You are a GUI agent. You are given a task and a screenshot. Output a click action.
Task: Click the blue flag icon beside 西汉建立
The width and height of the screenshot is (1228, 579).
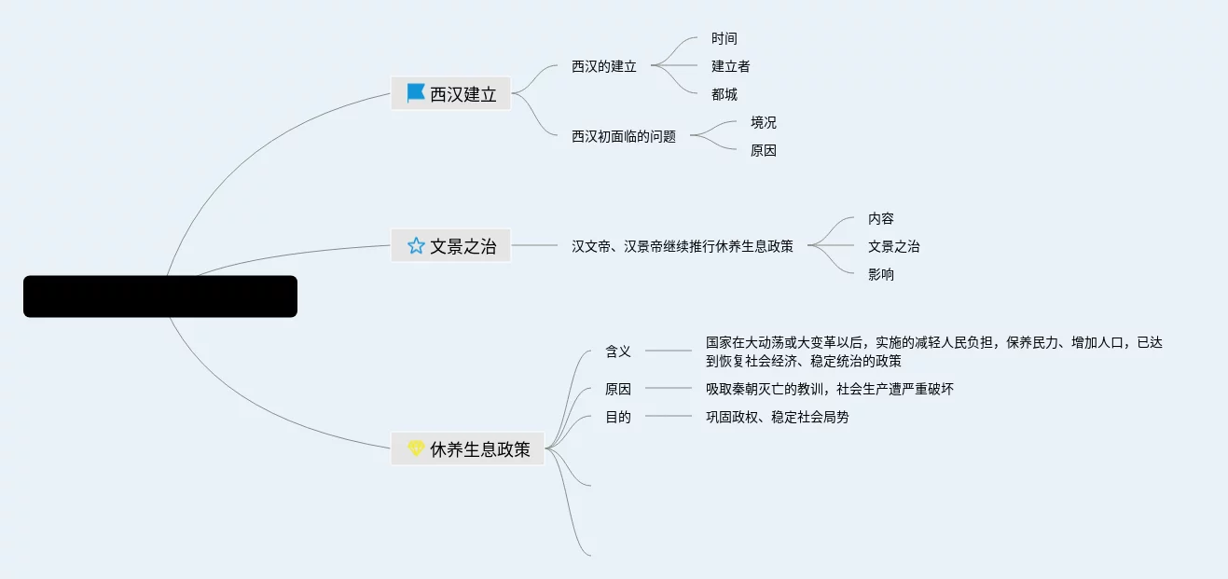coord(416,93)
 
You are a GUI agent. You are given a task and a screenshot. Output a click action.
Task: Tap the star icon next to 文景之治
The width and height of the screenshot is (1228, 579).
coord(416,246)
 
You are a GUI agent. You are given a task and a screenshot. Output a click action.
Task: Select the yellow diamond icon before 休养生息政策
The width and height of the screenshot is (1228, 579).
coord(416,448)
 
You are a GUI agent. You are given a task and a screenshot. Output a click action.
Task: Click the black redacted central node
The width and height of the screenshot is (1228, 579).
coord(160,296)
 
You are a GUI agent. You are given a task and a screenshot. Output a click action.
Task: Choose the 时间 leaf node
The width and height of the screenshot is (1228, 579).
coord(724,38)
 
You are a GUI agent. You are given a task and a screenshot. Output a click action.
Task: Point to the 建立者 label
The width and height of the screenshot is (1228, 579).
coord(731,66)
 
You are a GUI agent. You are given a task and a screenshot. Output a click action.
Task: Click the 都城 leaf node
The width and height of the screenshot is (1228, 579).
coord(724,94)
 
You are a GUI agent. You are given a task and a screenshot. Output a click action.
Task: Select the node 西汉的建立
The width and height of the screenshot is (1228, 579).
coord(604,66)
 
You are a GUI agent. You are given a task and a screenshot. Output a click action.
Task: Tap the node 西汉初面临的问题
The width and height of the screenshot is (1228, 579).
coord(624,136)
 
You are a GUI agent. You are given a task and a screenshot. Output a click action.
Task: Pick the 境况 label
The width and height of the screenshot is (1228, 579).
coord(764,122)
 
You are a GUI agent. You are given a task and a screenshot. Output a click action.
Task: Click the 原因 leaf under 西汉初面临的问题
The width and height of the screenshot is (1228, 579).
coord(764,150)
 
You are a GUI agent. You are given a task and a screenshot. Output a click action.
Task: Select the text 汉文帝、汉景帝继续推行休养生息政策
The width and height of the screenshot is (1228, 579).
coord(683,246)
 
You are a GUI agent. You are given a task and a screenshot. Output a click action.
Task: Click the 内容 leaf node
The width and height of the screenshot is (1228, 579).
coord(881,218)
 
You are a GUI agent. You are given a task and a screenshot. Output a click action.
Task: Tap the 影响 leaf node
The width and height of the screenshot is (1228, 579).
coord(881,274)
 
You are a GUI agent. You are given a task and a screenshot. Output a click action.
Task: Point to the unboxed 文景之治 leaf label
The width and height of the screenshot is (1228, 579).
coord(894,246)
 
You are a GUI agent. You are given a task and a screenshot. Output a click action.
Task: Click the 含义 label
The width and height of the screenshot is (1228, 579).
coord(618,352)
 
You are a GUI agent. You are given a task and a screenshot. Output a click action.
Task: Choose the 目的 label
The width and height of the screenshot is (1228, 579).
coord(618,417)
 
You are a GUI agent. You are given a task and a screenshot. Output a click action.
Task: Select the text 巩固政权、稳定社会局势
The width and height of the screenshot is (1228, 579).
coord(778,417)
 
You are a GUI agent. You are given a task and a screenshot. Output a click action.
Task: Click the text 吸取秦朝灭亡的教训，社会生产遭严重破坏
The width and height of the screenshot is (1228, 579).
coord(830,389)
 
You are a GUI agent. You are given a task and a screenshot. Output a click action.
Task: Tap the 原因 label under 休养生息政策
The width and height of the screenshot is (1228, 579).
coord(618,389)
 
